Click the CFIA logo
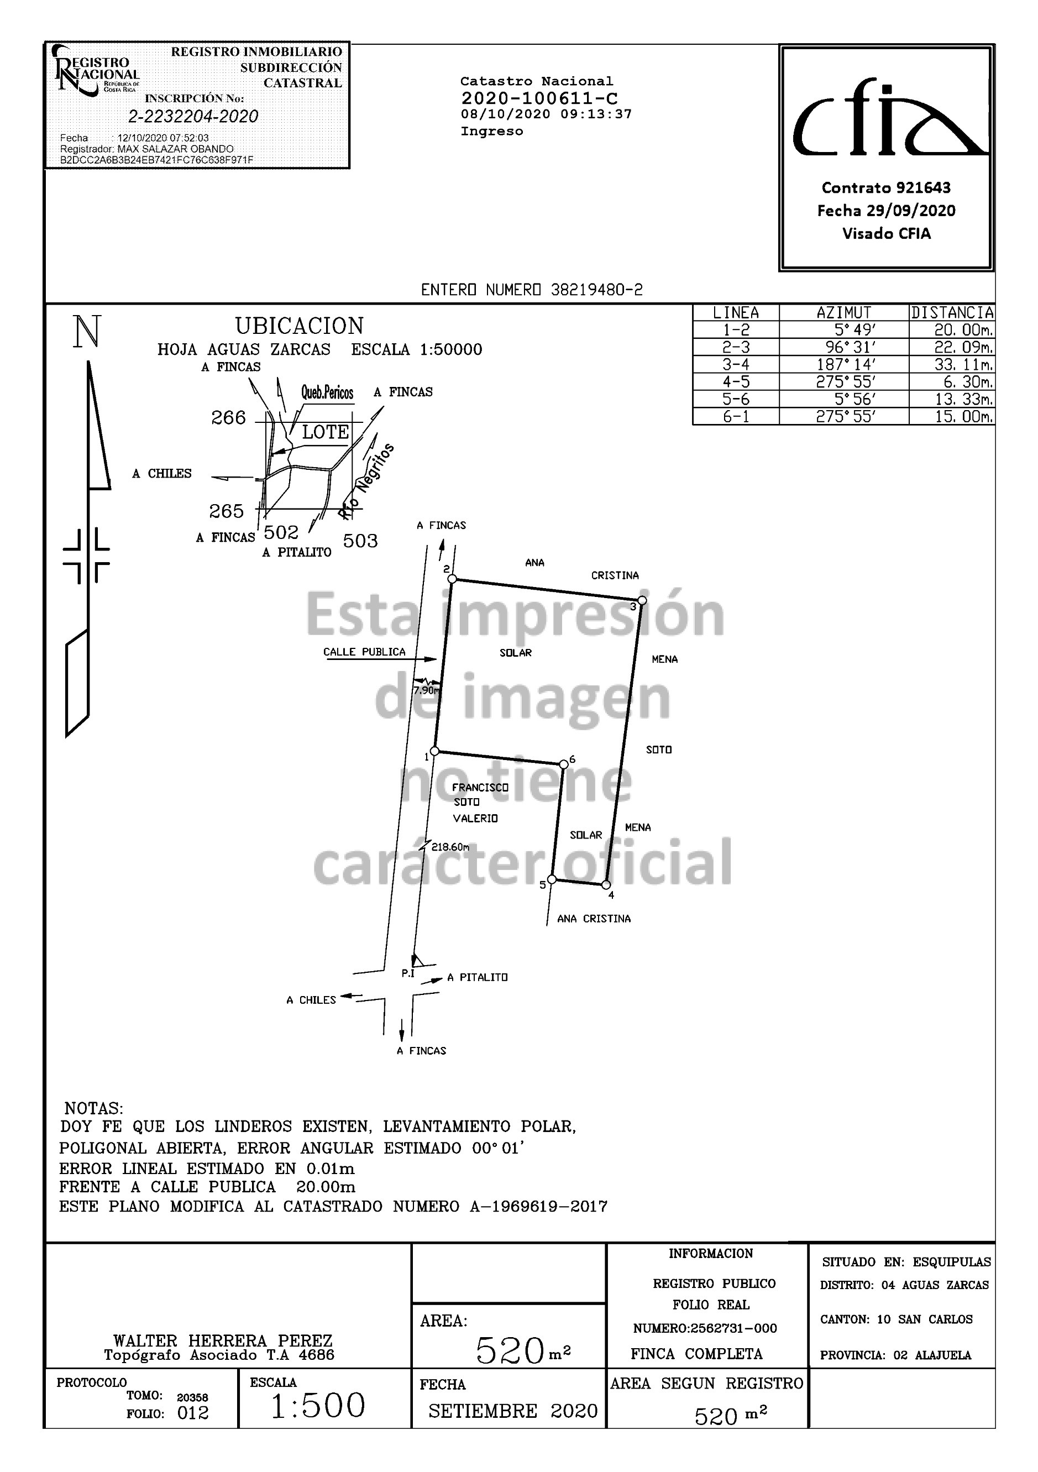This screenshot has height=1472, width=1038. click(x=890, y=117)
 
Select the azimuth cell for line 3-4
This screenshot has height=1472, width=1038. click(x=844, y=364)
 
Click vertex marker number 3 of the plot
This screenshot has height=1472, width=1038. click(x=642, y=600)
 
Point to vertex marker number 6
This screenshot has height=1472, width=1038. click(x=564, y=763)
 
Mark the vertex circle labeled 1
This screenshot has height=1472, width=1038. click(x=434, y=751)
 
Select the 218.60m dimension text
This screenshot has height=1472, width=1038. click(x=450, y=847)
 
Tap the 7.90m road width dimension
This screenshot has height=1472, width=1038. click(x=427, y=690)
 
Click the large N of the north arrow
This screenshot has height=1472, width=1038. click(x=87, y=332)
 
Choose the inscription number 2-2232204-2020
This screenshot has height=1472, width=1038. click(x=193, y=116)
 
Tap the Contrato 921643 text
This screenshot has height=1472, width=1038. click(x=886, y=188)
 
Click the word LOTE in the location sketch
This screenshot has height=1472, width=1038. click(x=326, y=432)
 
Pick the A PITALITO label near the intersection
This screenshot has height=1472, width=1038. click(x=478, y=977)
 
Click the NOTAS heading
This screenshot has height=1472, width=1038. click(x=93, y=1108)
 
